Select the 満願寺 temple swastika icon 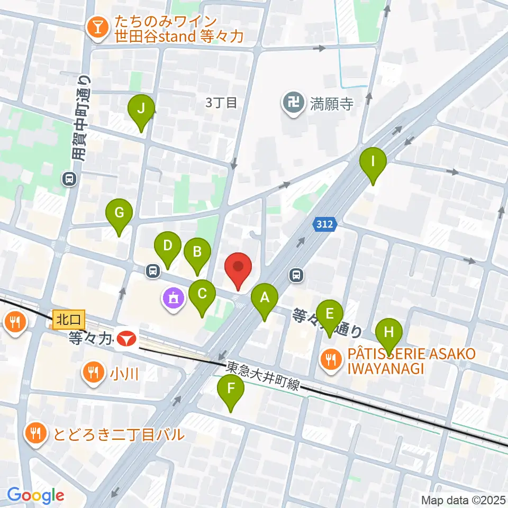(x=292, y=101)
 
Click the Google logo (x=35, y=495)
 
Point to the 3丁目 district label (x=221, y=103)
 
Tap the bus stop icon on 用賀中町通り (x=69, y=179)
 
